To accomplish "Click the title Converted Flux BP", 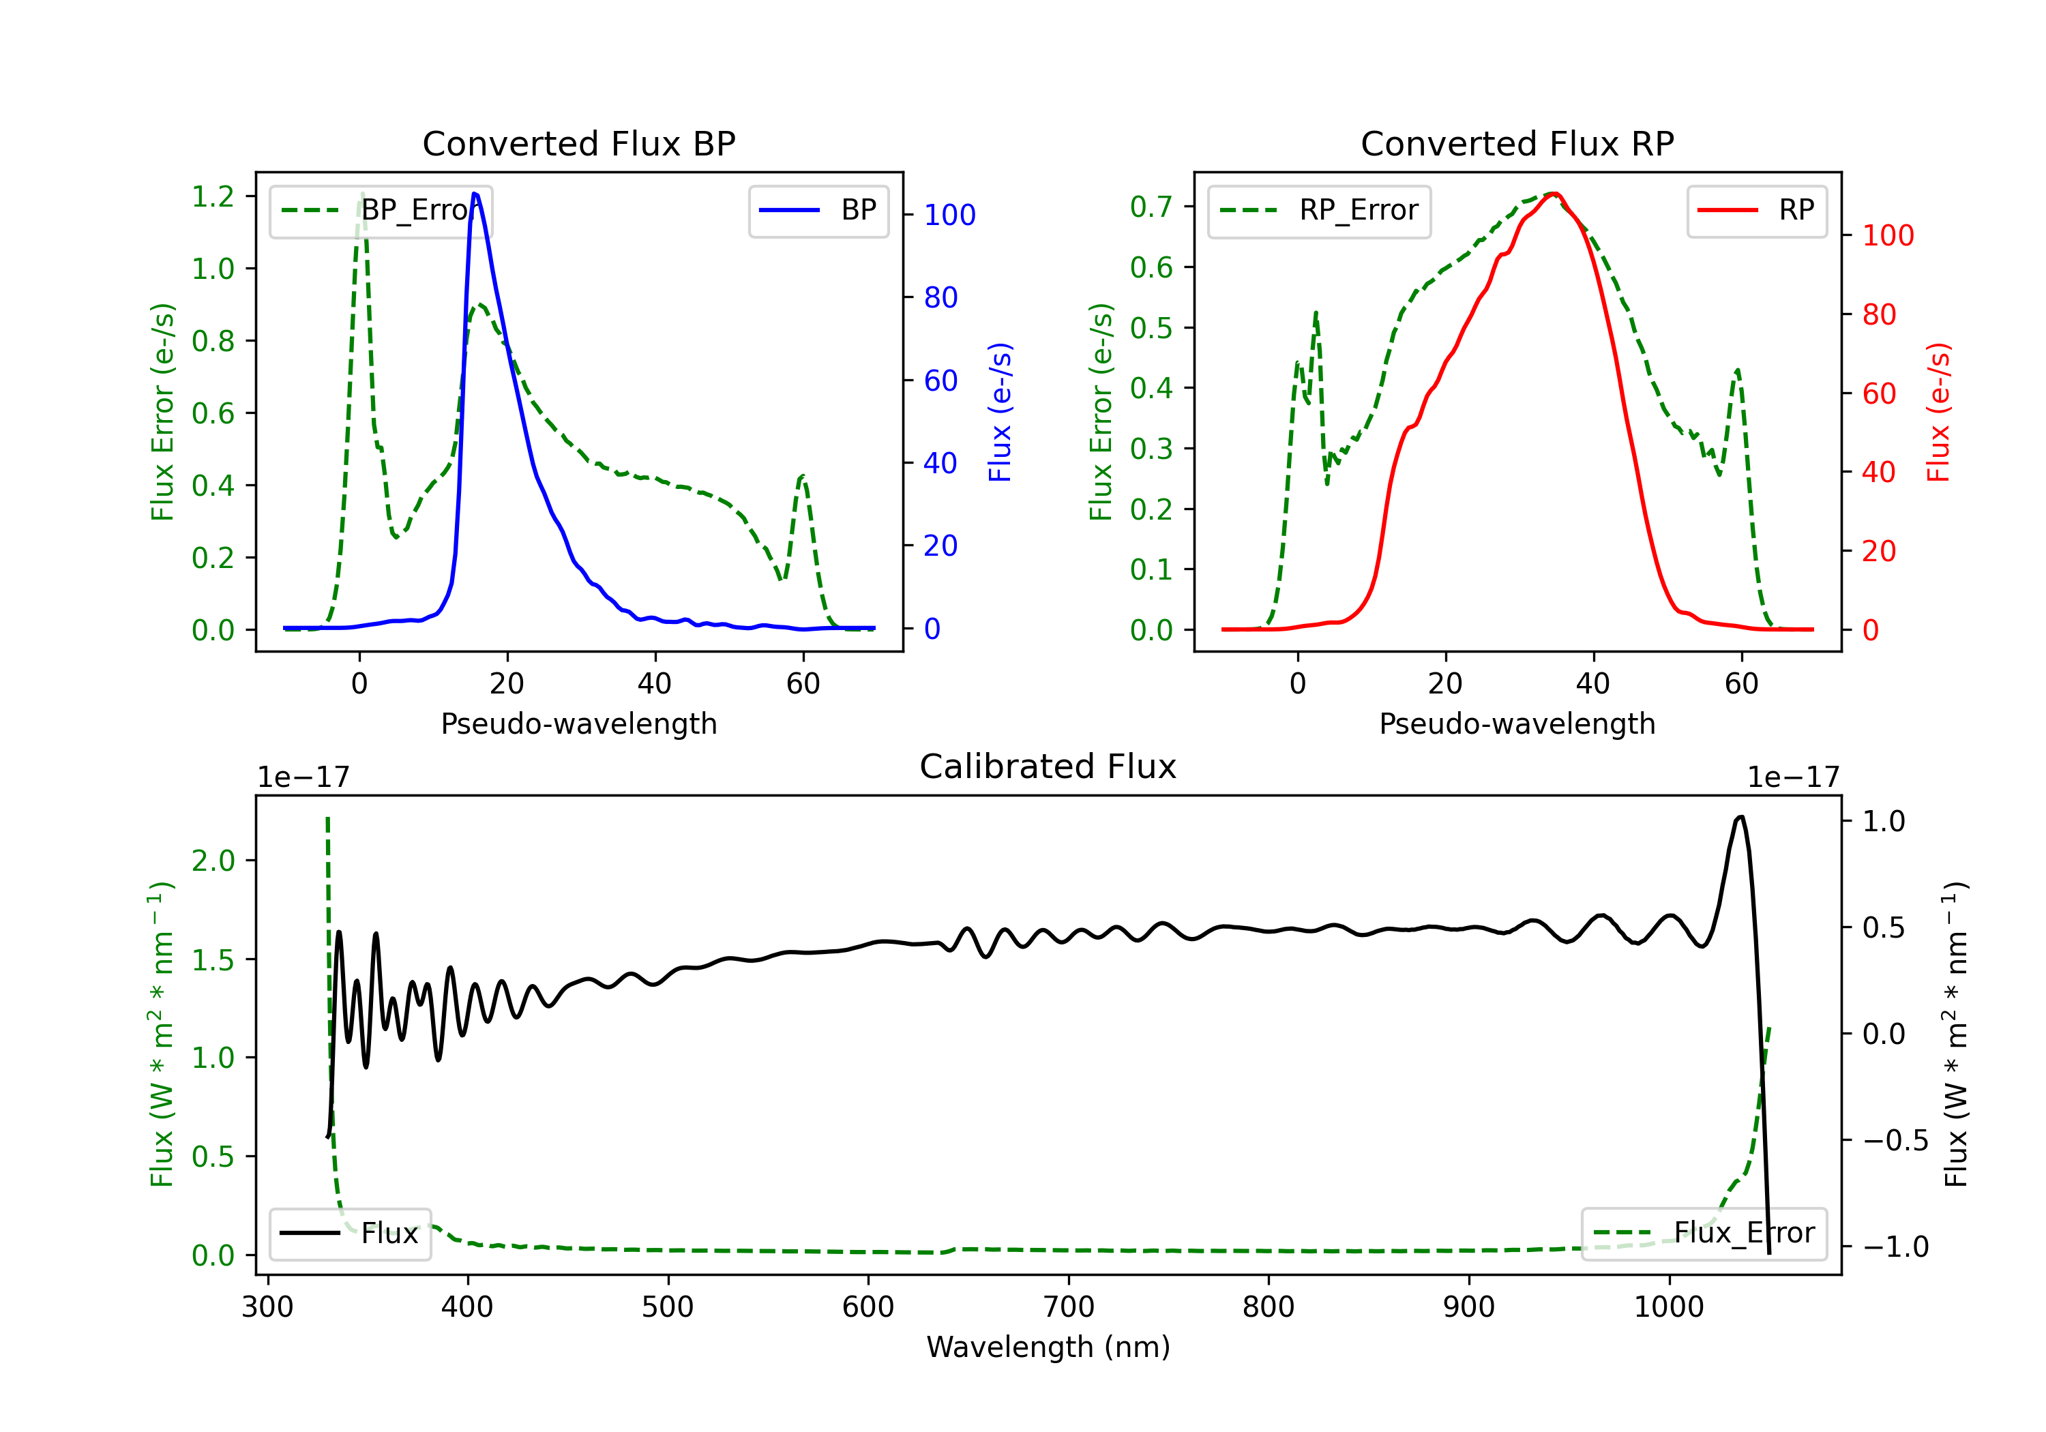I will [578, 143].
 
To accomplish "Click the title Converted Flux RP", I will [1517, 143].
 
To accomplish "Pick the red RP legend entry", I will [1756, 210].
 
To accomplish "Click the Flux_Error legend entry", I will [1704, 1234].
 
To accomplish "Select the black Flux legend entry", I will [351, 1234].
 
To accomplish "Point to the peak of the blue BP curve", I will [475, 194].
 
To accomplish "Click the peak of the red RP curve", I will [1553, 194].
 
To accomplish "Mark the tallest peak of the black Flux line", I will [1740, 816].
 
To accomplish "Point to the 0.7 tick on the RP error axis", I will [1151, 207].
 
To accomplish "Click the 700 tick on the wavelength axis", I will [1069, 1307].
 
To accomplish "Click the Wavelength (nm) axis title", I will [1048, 1347].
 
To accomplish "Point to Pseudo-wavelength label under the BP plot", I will [578, 724].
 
